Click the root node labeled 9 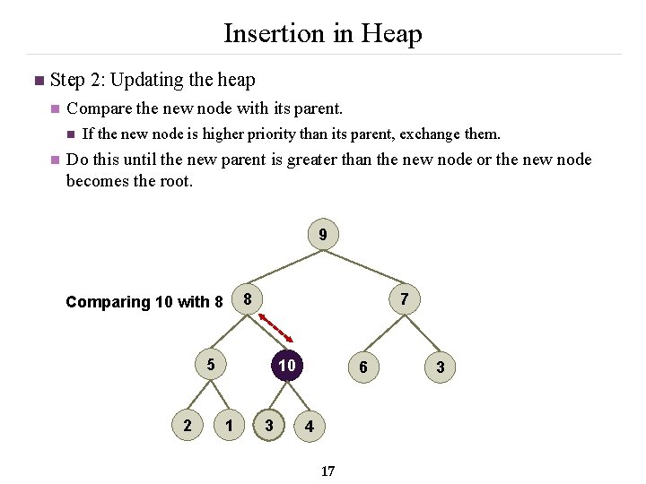tap(323, 237)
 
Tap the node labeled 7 tap(405, 299)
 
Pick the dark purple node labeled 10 tap(286, 366)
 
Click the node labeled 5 tap(210, 365)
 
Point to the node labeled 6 tap(362, 367)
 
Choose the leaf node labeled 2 tap(187, 425)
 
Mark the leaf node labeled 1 tap(231, 425)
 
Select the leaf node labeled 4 tap(309, 427)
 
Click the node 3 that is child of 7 tap(440, 367)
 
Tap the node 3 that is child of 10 tap(269, 425)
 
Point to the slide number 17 tap(327, 471)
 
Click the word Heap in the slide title tap(391, 34)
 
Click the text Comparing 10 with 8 tap(144, 302)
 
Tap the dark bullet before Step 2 tap(37, 82)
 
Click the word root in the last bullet tap(174, 180)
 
